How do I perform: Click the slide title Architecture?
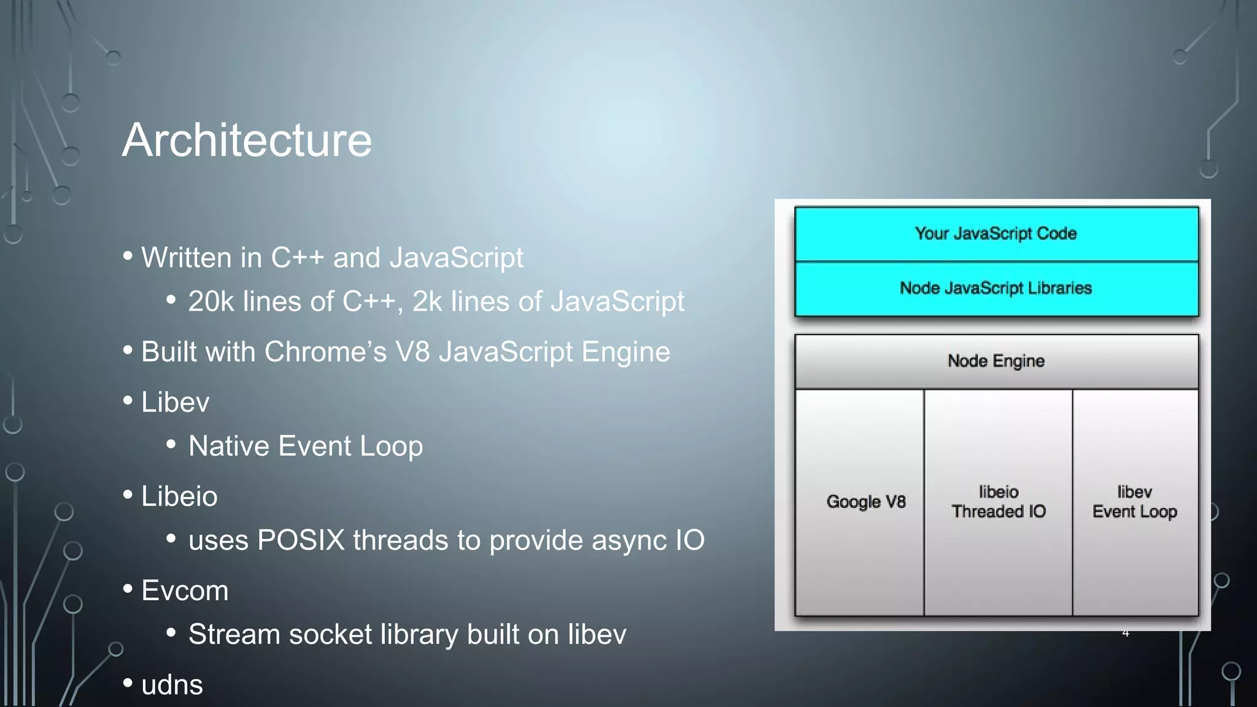pyautogui.click(x=247, y=140)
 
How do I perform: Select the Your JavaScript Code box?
pyautogui.click(x=996, y=234)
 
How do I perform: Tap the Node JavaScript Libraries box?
pyautogui.click(x=996, y=288)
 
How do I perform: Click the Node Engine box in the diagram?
pyautogui.click(x=996, y=361)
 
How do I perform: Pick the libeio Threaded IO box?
pyautogui.click(x=999, y=502)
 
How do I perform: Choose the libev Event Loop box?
pyautogui.click(x=1135, y=502)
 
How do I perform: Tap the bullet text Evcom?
pyautogui.click(x=185, y=590)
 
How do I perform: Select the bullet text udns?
pyautogui.click(x=172, y=685)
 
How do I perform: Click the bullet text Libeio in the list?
pyautogui.click(x=179, y=496)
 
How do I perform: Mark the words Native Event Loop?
pyautogui.click(x=306, y=446)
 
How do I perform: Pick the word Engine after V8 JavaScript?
pyautogui.click(x=625, y=352)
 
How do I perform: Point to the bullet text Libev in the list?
pyautogui.click(x=175, y=402)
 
